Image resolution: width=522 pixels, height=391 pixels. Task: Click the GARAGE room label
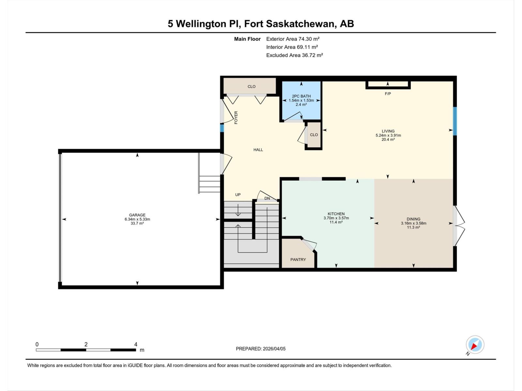(x=137, y=215)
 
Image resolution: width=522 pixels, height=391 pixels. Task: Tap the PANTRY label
(x=298, y=260)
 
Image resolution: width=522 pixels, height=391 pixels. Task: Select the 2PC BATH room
(x=301, y=100)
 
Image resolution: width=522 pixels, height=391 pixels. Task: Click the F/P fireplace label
(x=388, y=94)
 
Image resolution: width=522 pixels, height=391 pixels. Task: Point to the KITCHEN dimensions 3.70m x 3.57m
(x=336, y=218)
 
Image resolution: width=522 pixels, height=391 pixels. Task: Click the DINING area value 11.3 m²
(x=413, y=227)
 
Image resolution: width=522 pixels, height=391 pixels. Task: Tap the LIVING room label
(x=388, y=131)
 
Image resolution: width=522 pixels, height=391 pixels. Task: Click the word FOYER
(x=236, y=118)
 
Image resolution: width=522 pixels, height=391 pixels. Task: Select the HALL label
(x=258, y=150)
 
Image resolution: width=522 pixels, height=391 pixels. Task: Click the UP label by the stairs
(x=238, y=195)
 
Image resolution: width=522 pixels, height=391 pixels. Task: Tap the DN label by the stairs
(x=267, y=198)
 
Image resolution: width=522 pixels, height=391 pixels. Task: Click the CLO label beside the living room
(x=314, y=135)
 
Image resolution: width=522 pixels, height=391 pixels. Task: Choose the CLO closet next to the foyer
(x=251, y=87)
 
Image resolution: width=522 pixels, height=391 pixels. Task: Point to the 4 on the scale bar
(x=136, y=344)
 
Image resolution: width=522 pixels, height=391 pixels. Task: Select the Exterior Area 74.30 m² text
(x=293, y=39)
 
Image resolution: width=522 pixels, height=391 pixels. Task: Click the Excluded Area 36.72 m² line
(x=294, y=55)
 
